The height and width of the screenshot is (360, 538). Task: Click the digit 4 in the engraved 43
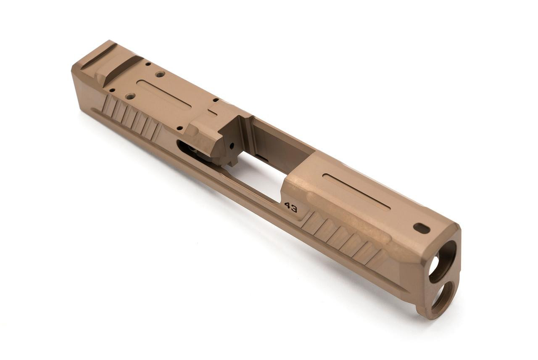coord(287,206)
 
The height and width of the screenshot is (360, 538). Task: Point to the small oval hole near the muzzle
coord(422,228)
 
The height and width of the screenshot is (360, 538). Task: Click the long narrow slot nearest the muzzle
coord(356,192)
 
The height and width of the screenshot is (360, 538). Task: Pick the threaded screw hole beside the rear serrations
coord(130,96)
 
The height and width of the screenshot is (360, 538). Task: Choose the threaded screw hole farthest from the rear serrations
coord(160,74)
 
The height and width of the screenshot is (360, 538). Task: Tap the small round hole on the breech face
coord(231,146)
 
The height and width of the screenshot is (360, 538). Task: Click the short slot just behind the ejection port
coord(213,112)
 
